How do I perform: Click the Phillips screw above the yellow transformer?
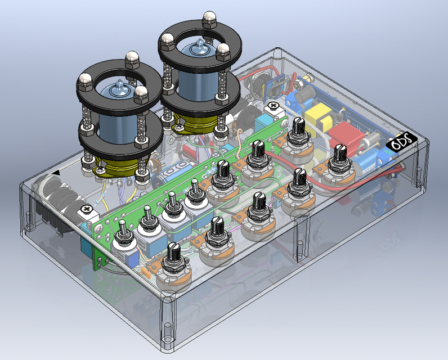[x=274, y=105]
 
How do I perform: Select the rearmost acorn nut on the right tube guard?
[x=210, y=17]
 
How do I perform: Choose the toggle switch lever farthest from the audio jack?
[x=194, y=186]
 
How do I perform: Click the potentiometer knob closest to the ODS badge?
[x=341, y=152]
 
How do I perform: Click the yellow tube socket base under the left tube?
[x=115, y=166]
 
